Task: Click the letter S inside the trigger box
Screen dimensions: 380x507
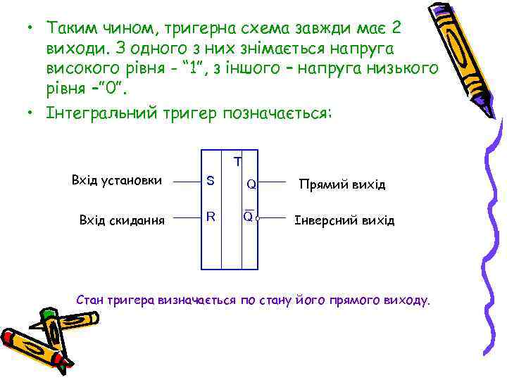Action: coord(210,181)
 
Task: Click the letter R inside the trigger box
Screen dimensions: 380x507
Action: coord(210,216)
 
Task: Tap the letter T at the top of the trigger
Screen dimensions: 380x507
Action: coord(238,162)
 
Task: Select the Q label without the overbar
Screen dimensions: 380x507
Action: coord(251,185)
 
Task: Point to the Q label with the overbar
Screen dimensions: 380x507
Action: coord(248,216)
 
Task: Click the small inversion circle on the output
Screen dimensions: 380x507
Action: coord(258,220)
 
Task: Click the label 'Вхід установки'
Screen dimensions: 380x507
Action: coord(117,181)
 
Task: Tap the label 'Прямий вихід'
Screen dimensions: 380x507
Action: coord(342,184)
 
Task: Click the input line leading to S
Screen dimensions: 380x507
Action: coord(187,182)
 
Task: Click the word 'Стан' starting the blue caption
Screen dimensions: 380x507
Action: coord(89,300)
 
